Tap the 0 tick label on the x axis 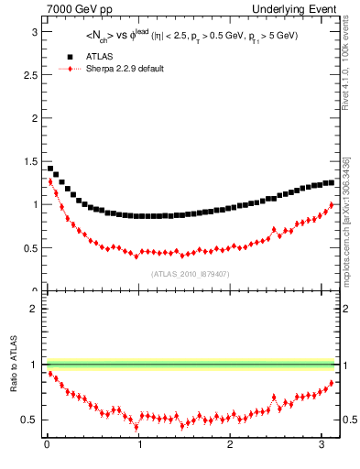[47, 446]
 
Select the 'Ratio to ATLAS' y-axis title [13, 365]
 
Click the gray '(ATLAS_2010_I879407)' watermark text [191, 274]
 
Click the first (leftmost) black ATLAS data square [49, 168]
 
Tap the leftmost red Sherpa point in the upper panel [49, 182]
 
